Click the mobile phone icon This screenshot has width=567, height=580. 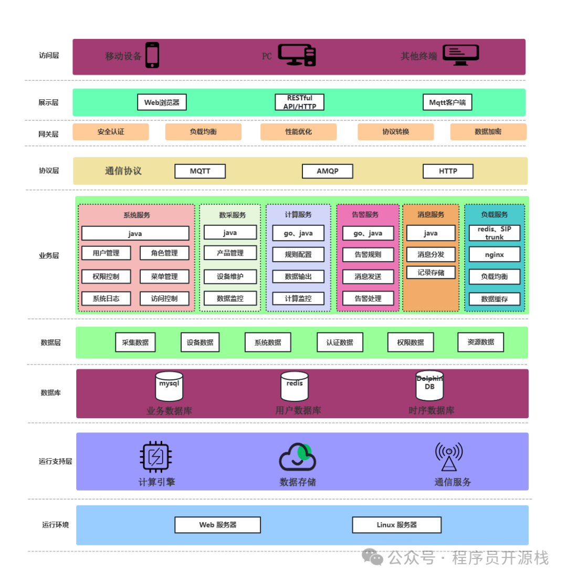(152, 55)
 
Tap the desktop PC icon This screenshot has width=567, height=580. (297, 55)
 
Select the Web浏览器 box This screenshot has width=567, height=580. (162, 102)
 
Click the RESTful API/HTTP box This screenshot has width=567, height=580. (299, 102)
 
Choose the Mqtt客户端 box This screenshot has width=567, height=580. (447, 102)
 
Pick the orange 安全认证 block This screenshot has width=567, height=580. (111, 132)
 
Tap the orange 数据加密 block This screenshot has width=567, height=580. (488, 132)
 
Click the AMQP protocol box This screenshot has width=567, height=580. (327, 171)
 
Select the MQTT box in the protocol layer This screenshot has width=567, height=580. (200, 171)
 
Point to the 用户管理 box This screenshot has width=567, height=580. (106, 253)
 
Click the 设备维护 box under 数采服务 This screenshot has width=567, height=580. (230, 276)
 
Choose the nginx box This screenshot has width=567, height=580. (494, 255)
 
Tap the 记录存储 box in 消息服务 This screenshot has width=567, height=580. (430, 273)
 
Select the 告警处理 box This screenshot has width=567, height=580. (367, 298)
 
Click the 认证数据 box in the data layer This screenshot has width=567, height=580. (340, 343)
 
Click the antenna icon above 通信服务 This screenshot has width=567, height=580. (448, 457)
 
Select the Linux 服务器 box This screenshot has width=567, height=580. (396, 525)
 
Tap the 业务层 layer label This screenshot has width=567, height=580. (49, 256)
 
